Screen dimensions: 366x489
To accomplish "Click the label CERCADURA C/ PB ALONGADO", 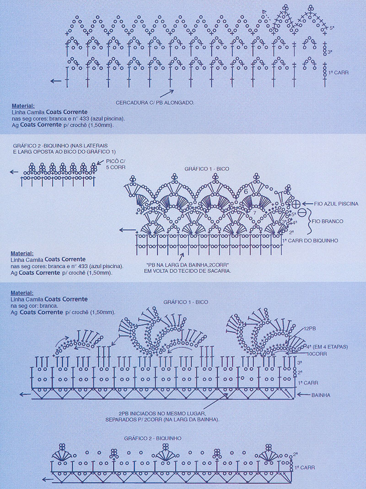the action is pyautogui.click(x=155, y=102).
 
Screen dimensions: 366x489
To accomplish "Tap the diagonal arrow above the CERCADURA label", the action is pyautogui.click(x=167, y=93).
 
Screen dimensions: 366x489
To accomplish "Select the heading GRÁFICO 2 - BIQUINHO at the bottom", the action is pyautogui.click(x=152, y=438).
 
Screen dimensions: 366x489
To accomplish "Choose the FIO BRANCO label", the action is pyautogui.click(x=328, y=221).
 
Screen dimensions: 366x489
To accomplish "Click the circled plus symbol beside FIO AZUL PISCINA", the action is pyautogui.click(x=296, y=204).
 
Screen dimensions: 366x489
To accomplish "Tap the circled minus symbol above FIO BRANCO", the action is pyautogui.click(x=302, y=213).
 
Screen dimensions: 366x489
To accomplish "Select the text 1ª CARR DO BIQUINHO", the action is pyautogui.click(x=310, y=241).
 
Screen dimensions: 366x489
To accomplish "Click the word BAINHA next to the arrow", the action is pyautogui.click(x=321, y=395).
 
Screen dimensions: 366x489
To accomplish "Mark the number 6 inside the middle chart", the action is pyautogui.click(x=245, y=192).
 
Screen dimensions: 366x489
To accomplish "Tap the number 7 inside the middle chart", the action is pyautogui.click(x=254, y=213).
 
